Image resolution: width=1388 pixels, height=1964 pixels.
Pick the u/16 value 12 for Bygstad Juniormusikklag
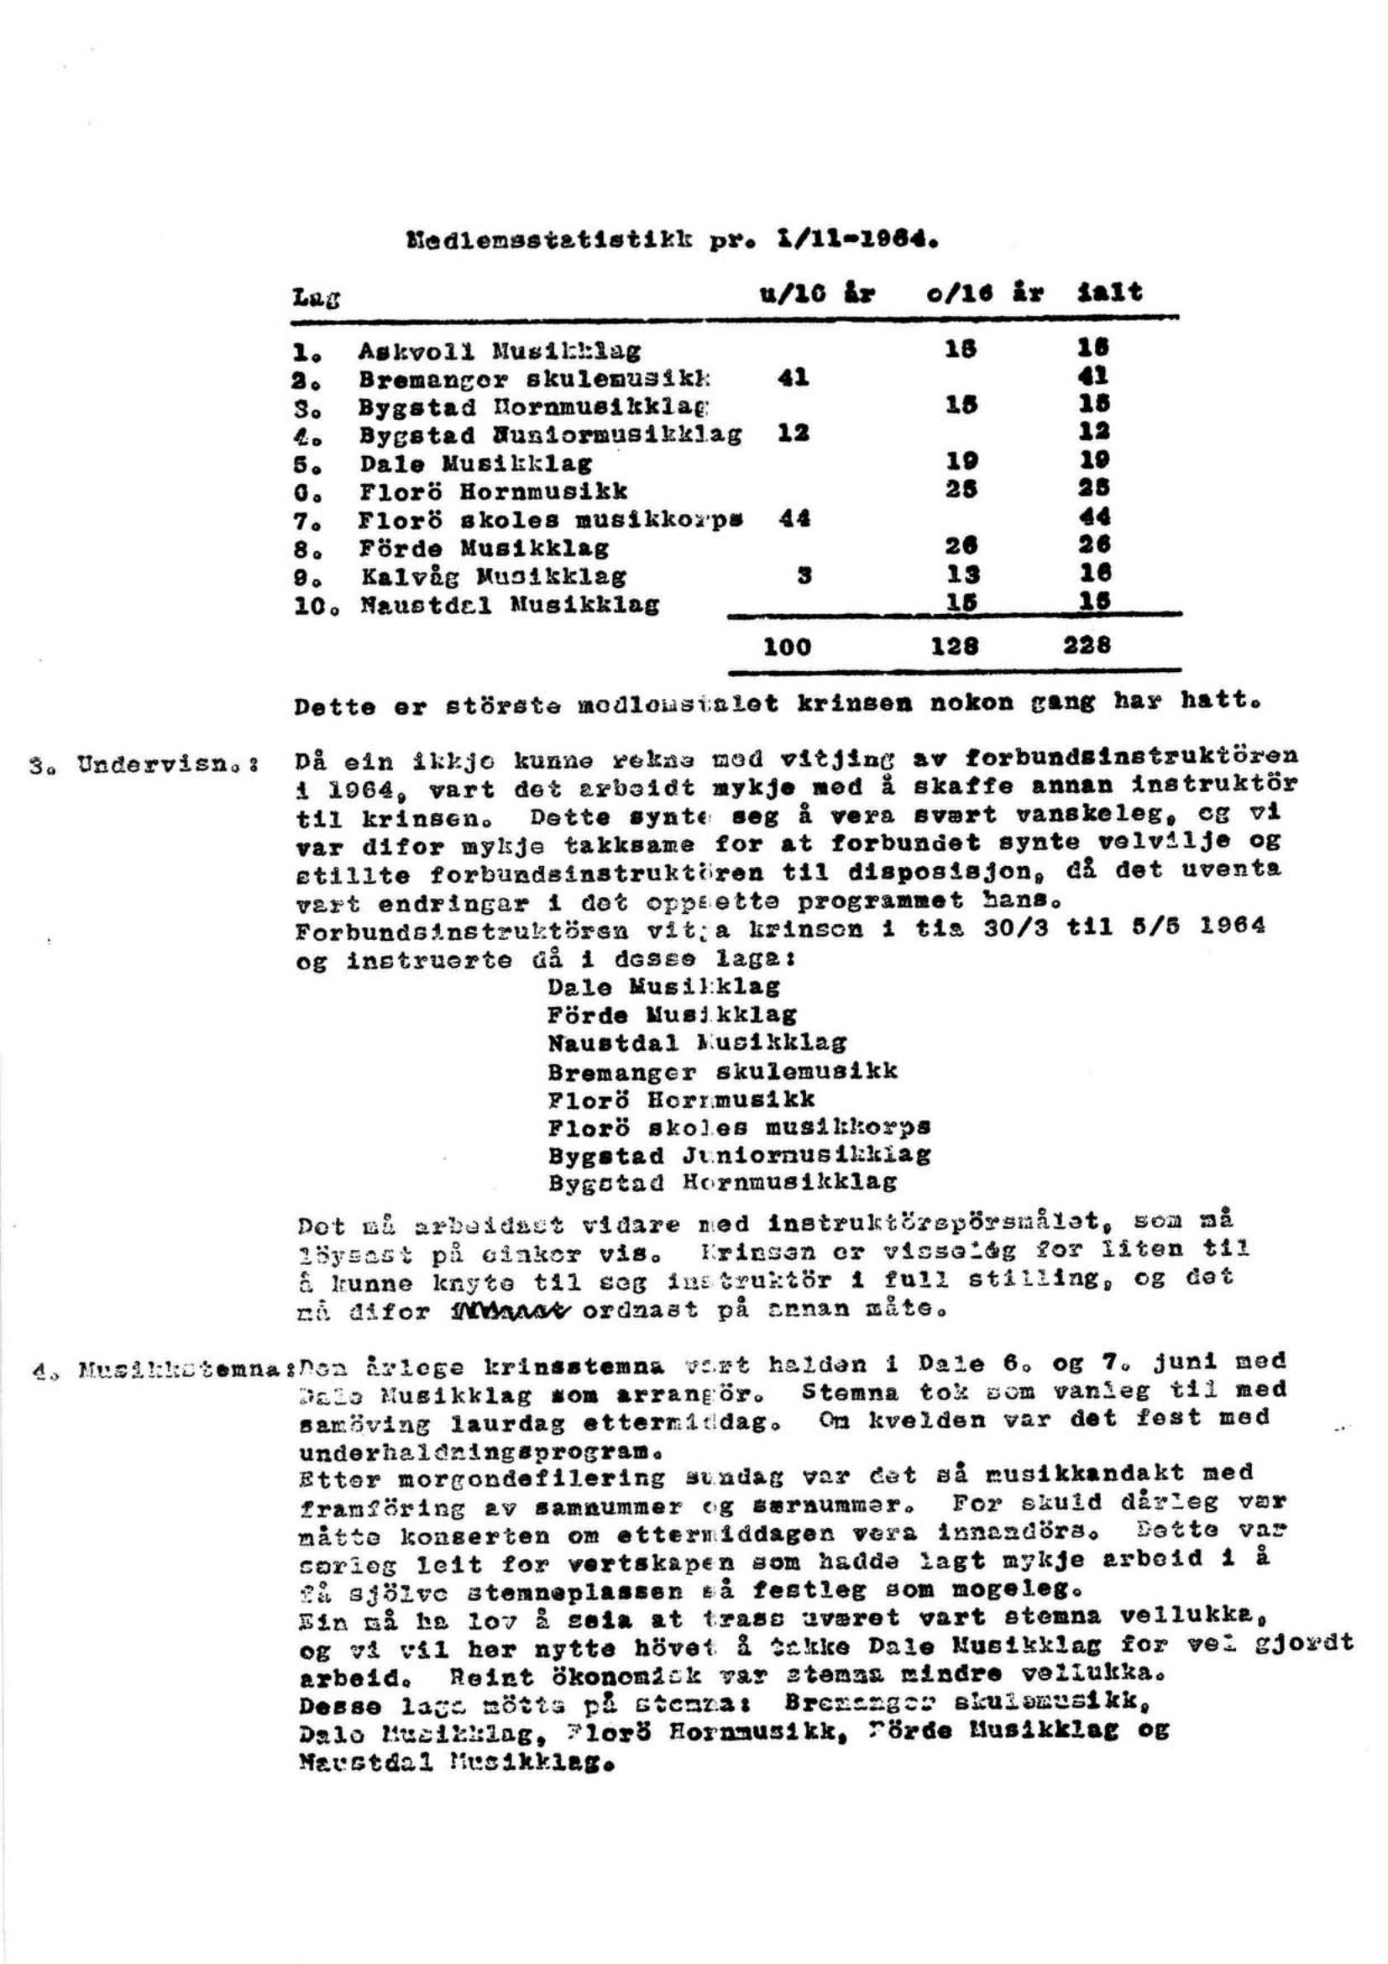click(x=793, y=433)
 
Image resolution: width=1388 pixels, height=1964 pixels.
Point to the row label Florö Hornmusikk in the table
click(x=493, y=490)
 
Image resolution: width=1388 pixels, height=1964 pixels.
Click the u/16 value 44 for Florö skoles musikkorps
click(x=794, y=517)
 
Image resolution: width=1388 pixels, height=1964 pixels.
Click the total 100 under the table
click(x=786, y=647)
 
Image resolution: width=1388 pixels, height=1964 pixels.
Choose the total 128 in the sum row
click(x=962, y=647)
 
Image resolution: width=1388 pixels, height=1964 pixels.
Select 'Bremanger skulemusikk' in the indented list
click(x=723, y=1072)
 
